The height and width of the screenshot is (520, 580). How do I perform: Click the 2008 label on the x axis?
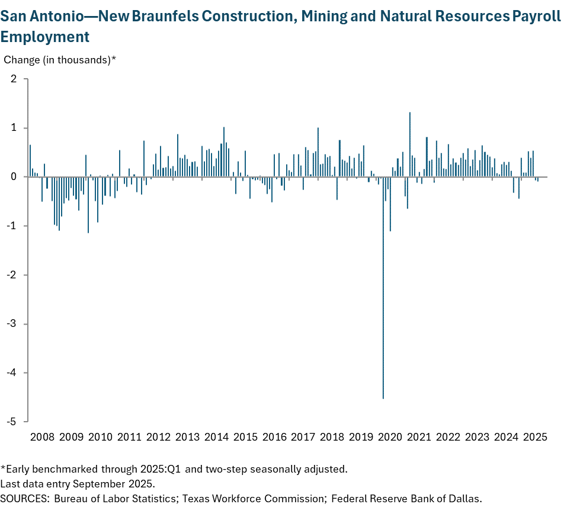43,438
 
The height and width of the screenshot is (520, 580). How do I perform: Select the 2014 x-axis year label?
217,438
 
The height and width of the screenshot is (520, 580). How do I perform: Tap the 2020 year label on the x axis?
390,438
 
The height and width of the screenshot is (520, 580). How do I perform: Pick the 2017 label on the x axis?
303,438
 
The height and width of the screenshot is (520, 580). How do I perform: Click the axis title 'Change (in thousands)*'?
60,59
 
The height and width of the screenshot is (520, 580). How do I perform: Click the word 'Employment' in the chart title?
45,37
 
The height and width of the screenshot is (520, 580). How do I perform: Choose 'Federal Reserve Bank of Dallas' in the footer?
407,498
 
